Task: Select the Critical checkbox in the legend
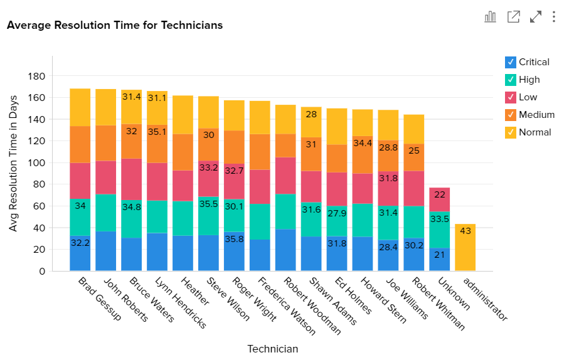tap(511, 62)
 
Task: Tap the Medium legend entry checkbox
tap(511, 115)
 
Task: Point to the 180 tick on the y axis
tap(38, 77)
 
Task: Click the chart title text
tap(115, 26)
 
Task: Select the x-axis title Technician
tap(272, 349)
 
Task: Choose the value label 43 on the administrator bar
tap(465, 231)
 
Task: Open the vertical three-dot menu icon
tap(554, 17)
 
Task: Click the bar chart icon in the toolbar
tap(491, 17)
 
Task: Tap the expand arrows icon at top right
tap(536, 17)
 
